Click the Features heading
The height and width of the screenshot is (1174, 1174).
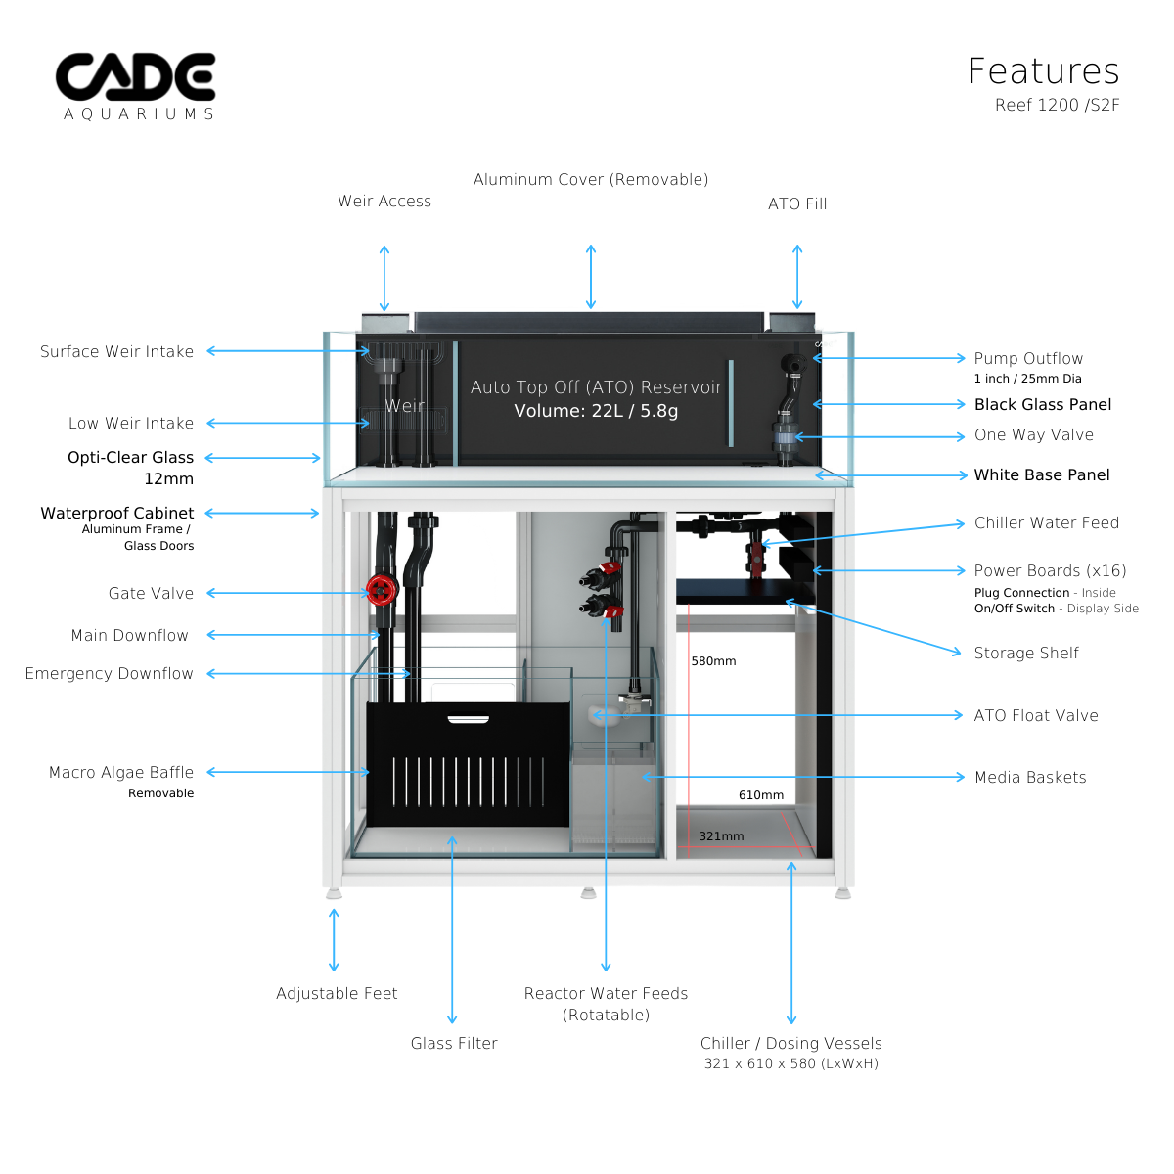pyautogui.click(x=1043, y=71)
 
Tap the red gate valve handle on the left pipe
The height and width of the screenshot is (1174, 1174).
pyautogui.click(x=380, y=589)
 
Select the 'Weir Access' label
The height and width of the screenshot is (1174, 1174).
pyautogui.click(x=384, y=201)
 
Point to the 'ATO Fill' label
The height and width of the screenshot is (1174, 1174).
pyautogui.click(x=797, y=203)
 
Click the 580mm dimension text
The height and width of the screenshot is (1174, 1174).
pyautogui.click(x=713, y=661)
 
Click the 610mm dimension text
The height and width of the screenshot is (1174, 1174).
pyautogui.click(x=760, y=795)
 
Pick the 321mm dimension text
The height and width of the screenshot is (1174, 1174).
pyautogui.click(x=721, y=836)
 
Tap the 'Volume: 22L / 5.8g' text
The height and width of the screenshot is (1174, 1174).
pyautogui.click(x=596, y=411)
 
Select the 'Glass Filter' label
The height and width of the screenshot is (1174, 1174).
pyautogui.click(x=454, y=1043)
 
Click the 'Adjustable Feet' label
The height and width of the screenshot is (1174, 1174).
pyautogui.click(x=337, y=993)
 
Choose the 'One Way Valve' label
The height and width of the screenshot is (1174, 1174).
pyautogui.click(x=1033, y=435)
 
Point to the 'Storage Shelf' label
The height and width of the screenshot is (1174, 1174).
pyautogui.click(x=1026, y=653)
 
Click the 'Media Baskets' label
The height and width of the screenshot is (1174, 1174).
pyautogui.click(x=1030, y=777)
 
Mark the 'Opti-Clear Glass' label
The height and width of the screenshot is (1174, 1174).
pyautogui.click(x=130, y=457)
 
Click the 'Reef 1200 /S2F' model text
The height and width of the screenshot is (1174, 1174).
pyautogui.click(x=1057, y=105)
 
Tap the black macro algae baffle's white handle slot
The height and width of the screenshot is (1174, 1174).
pyautogui.click(x=468, y=720)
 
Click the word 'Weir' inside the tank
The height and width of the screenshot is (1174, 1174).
pyautogui.click(x=404, y=406)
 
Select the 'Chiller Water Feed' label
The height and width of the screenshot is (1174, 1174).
pyautogui.click(x=1046, y=522)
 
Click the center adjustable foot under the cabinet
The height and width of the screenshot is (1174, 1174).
pyautogui.click(x=587, y=892)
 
